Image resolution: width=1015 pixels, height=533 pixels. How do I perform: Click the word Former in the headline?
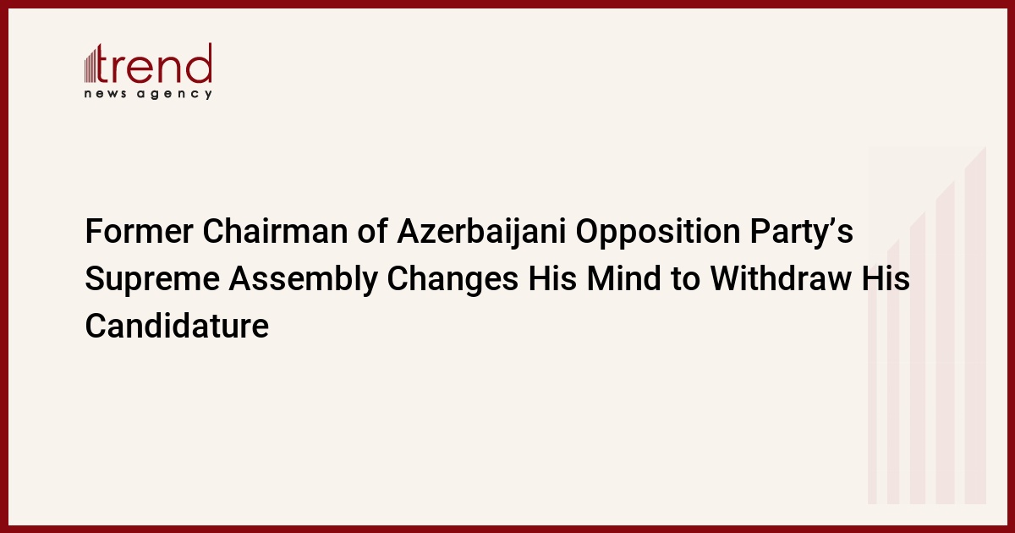(x=139, y=231)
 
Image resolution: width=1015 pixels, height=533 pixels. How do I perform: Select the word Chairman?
(x=275, y=231)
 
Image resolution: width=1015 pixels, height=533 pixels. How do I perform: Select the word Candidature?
(x=177, y=325)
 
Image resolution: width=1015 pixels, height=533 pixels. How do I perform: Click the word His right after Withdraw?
(x=886, y=277)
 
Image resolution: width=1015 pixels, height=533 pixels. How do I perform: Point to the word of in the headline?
(x=372, y=231)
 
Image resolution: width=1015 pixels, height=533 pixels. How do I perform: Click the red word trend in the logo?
(x=154, y=63)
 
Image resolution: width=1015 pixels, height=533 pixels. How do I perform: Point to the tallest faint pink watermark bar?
(x=975, y=326)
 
